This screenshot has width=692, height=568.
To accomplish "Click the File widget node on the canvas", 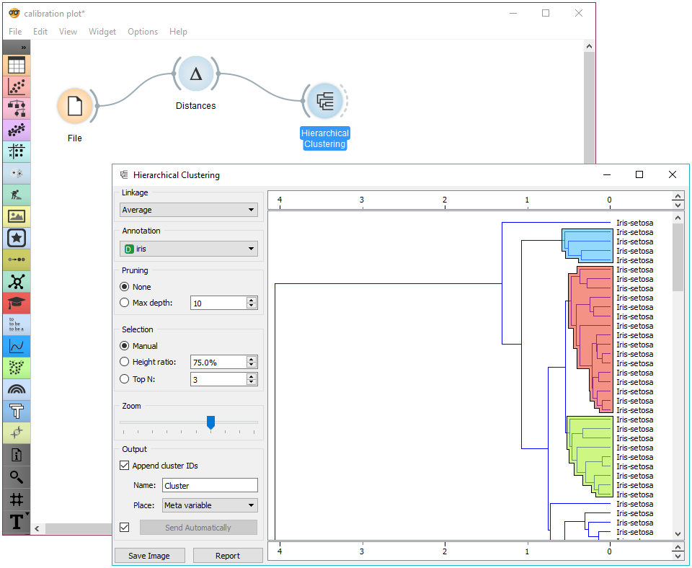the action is coord(74,107).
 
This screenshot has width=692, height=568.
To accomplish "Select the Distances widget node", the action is coord(195,74).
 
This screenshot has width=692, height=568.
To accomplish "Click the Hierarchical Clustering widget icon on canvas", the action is coord(325,102).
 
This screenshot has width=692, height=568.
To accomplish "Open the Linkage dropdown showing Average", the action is coord(189,210).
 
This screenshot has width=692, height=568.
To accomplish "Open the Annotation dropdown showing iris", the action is coord(189,249).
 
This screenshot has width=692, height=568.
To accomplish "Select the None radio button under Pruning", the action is coord(125,287).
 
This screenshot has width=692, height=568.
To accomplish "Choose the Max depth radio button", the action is coord(125,303).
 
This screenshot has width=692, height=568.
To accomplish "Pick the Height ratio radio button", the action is coord(125,362).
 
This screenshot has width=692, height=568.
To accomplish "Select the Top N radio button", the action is coord(125,379).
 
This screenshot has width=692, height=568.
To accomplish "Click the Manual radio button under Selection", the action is coord(125,346).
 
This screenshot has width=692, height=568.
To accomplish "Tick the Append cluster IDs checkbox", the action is coord(125,466).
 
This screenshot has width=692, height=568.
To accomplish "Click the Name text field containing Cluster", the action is coord(210,486).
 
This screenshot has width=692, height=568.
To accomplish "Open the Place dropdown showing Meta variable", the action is coord(210,505).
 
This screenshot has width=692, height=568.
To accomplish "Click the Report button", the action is coord(228,556).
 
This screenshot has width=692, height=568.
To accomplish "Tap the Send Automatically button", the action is coord(198,528).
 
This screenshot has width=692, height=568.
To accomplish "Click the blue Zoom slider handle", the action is coord(210,422).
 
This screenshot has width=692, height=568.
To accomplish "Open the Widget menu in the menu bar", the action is coord(102,32).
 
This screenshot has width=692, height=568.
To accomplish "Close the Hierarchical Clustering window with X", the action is coord(673,174).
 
